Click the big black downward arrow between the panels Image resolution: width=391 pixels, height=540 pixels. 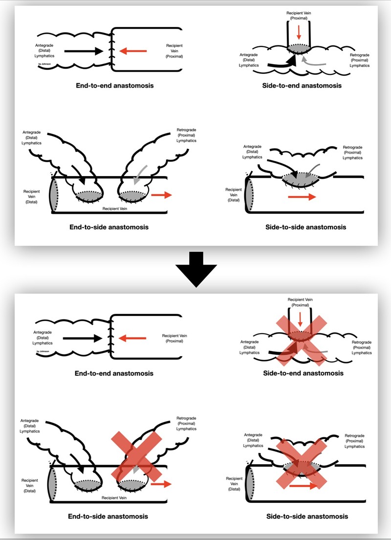[195, 268]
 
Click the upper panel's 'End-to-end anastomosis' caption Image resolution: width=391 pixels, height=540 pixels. [114, 86]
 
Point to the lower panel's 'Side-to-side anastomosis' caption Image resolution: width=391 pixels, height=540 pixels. [305, 516]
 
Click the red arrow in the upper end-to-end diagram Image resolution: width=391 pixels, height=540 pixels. [133, 50]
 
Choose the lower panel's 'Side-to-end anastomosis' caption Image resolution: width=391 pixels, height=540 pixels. [303, 373]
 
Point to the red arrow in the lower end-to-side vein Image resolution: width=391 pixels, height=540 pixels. [161, 484]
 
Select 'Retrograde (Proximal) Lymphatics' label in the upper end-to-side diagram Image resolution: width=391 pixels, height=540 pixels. [186, 135]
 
